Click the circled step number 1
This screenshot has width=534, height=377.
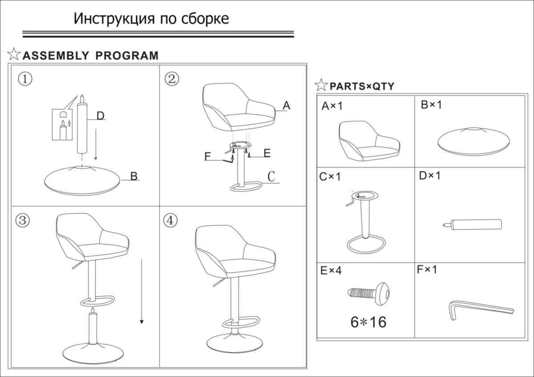[25, 79]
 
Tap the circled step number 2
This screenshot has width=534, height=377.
[172, 79]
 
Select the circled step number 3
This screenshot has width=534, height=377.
[23, 220]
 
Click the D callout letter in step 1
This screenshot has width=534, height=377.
[101, 116]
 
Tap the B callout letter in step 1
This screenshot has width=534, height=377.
[134, 176]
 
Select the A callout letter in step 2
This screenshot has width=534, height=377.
[286, 106]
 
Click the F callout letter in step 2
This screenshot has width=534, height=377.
[208, 156]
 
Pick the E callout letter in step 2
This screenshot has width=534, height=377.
[267, 153]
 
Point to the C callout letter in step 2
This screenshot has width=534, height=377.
[271, 176]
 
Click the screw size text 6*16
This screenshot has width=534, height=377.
[368, 322]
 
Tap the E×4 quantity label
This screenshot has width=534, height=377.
[331, 270]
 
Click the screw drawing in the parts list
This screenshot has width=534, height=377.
[368, 294]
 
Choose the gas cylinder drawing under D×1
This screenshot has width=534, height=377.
[472, 225]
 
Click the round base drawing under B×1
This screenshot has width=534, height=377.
[473, 141]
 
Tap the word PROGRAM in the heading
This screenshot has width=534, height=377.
[127, 56]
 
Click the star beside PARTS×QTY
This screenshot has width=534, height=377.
[321, 85]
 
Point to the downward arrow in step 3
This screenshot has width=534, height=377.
[142, 291]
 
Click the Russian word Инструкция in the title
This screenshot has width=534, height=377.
[114, 19]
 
